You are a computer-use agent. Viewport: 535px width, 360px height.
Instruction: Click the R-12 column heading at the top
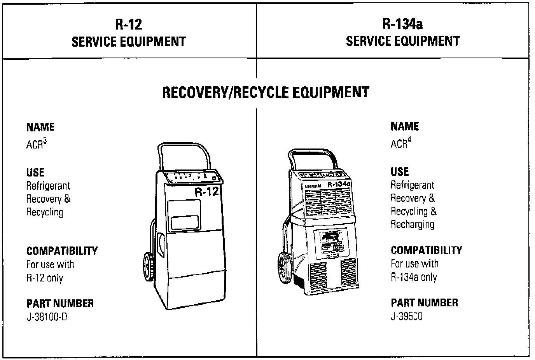[129, 24]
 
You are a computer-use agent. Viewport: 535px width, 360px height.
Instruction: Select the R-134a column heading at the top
[402, 24]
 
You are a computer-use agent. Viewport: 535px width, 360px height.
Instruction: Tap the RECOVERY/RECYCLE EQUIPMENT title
[265, 93]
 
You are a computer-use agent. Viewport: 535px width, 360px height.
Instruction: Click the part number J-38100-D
[47, 317]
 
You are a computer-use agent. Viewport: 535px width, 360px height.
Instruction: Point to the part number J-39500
[406, 316]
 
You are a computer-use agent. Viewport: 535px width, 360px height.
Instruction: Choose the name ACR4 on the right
[400, 143]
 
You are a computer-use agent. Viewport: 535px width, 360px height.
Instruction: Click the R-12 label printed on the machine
[207, 191]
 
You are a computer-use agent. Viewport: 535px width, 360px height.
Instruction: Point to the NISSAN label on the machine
[313, 186]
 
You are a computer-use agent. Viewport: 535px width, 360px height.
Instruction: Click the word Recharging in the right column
[412, 225]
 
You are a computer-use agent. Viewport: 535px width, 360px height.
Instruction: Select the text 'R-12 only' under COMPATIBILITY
[45, 278]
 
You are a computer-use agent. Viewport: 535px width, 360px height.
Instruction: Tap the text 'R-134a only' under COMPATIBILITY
[414, 278]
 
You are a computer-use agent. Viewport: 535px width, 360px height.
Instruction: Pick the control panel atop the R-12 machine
[193, 177]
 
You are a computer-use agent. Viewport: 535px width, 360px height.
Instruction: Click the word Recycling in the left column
[45, 212]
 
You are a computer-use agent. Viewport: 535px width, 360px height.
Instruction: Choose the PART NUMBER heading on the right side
[424, 303]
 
